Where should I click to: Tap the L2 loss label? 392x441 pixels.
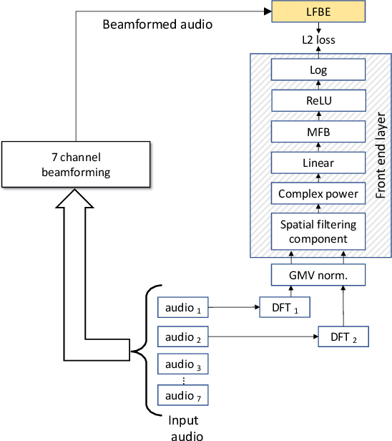(x=318, y=41)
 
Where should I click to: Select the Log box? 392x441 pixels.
(x=318, y=70)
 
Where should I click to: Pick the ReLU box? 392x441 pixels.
(x=318, y=101)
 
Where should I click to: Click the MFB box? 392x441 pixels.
(x=318, y=132)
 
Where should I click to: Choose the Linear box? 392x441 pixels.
(x=318, y=163)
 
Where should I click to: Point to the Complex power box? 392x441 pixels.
(x=318, y=193)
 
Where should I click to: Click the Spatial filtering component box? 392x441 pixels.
(x=318, y=231)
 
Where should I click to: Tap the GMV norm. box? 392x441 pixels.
(x=318, y=274)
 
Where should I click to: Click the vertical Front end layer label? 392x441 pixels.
(x=380, y=154)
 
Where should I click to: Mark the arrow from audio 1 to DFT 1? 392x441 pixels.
(x=233, y=309)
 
